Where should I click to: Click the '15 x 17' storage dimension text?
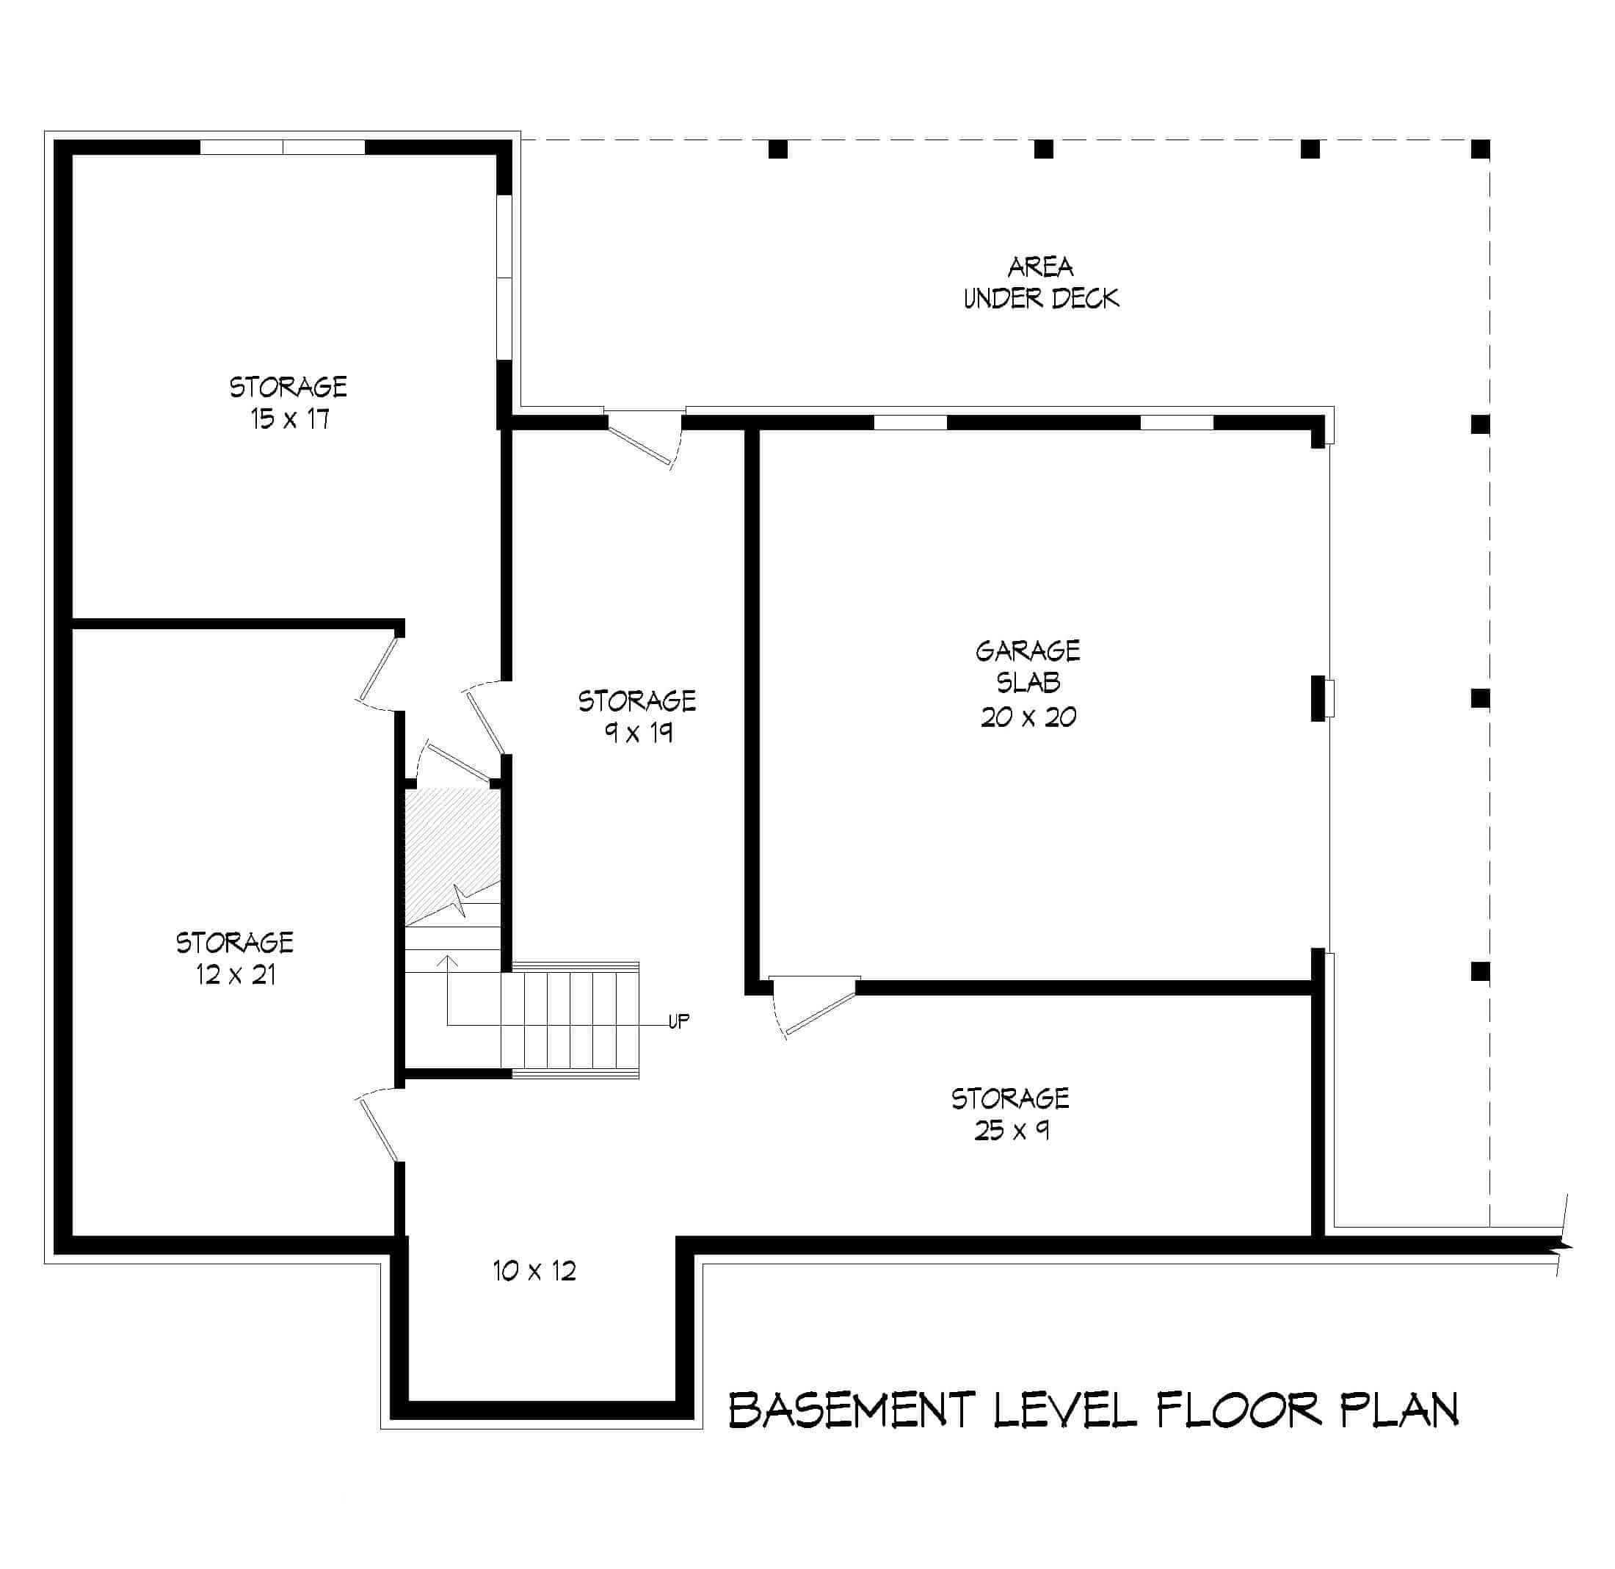pyautogui.click(x=290, y=419)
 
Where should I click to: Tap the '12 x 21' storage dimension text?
pyautogui.click(x=236, y=975)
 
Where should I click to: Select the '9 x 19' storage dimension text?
pyautogui.click(x=638, y=733)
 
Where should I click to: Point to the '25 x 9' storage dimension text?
pyautogui.click(x=1011, y=1130)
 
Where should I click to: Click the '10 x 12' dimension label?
pyautogui.click(x=534, y=1271)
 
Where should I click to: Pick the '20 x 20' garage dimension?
pyautogui.click(x=1028, y=717)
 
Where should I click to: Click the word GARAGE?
pyautogui.click(x=1028, y=652)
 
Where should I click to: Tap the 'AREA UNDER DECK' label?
pyautogui.click(x=1041, y=282)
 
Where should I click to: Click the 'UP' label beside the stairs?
pyautogui.click(x=678, y=1022)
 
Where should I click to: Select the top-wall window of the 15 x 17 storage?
pyautogui.click(x=283, y=148)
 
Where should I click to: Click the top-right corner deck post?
pyautogui.click(x=1481, y=149)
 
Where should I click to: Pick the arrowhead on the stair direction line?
pyautogui.click(x=447, y=960)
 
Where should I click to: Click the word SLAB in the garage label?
pyautogui.click(x=1028, y=683)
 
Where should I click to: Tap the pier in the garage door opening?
pyautogui.click(x=1318, y=698)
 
